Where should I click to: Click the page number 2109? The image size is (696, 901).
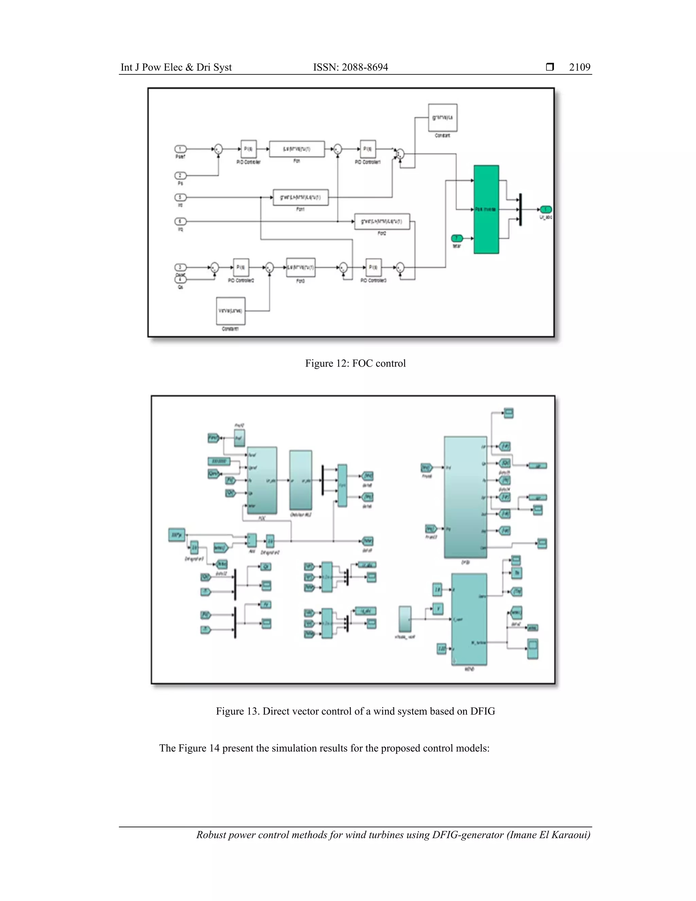[x=579, y=67]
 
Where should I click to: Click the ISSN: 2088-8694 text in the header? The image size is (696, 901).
[x=350, y=67]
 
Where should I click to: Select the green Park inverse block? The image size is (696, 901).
[x=486, y=209]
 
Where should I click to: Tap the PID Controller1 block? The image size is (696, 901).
[x=368, y=149]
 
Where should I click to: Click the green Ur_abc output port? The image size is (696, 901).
[x=545, y=209]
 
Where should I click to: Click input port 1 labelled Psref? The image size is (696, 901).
[x=180, y=149]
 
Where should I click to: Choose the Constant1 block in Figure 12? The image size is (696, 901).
[x=230, y=311]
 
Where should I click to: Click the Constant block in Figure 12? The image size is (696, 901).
[x=442, y=118]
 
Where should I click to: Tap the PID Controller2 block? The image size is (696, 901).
[x=241, y=267]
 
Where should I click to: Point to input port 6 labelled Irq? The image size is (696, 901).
[x=180, y=222]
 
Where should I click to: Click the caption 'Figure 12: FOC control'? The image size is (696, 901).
[x=355, y=363]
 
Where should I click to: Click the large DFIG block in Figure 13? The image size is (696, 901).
[x=466, y=497]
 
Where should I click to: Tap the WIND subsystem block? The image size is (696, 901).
[x=469, y=619]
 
